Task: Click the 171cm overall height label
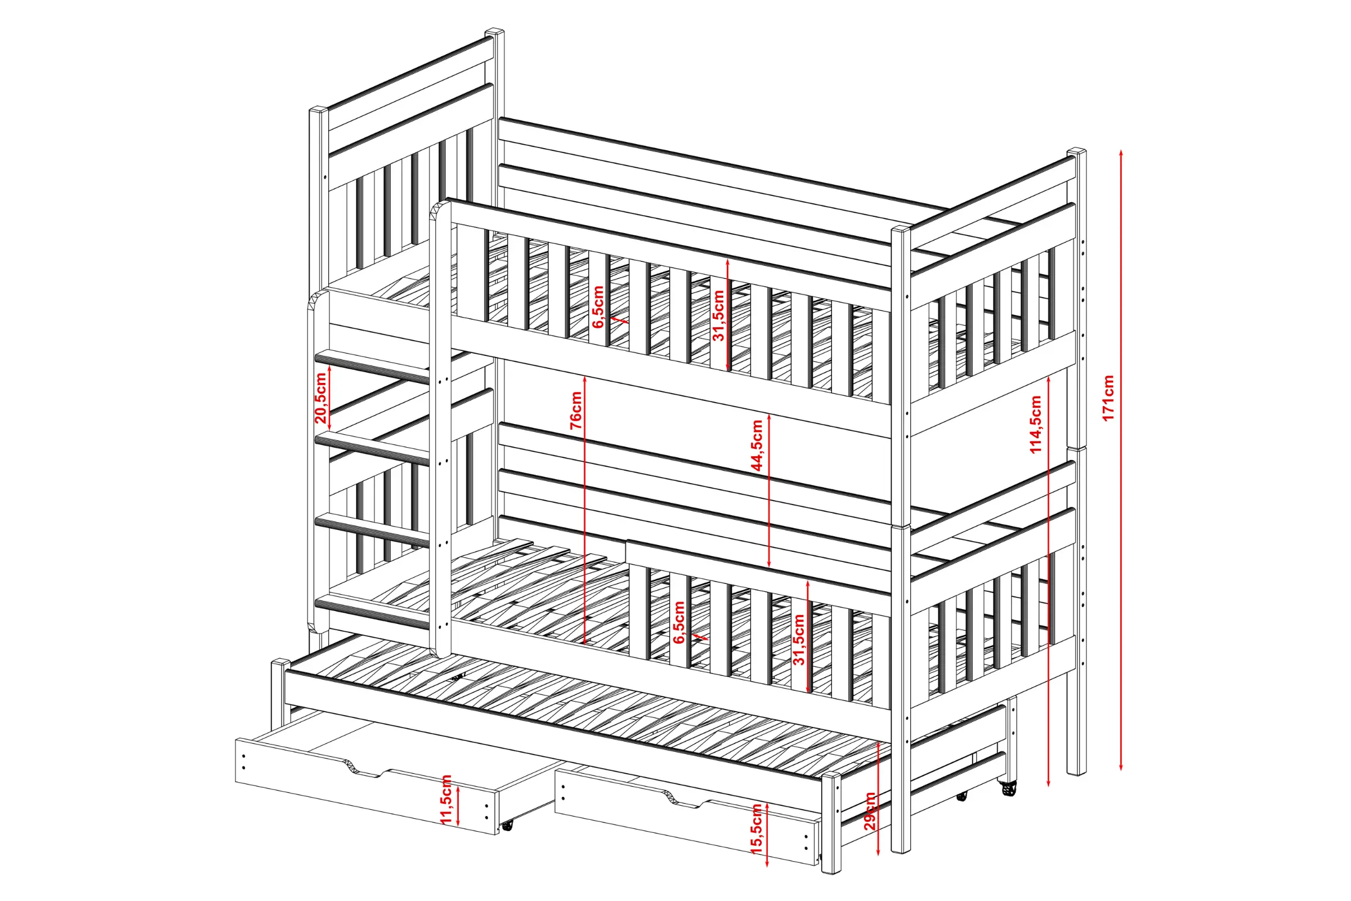(x=1108, y=398)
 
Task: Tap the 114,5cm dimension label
(x=1035, y=425)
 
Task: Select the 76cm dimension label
(x=576, y=411)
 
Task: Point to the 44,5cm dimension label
(x=758, y=445)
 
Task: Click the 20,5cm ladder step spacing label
(x=320, y=398)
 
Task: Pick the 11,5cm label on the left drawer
(x=446, y=799)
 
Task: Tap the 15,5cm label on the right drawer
(x=757, y=828)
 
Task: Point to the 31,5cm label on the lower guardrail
(x=799, y=639)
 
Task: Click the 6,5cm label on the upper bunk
(x=598, y=307)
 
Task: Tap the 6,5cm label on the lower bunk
(x=679, y=622)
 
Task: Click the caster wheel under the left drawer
(x=507, y=826)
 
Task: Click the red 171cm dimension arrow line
(x=1121, y=460)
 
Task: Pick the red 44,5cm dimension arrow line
(x=769, y=490)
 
